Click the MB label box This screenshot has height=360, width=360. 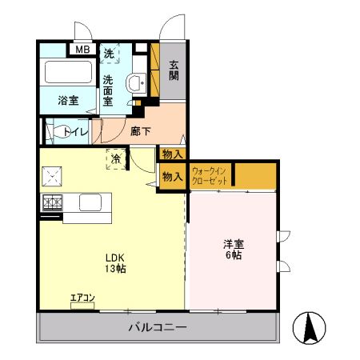82,50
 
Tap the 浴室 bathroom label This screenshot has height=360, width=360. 68,101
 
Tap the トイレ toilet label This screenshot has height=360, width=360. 77,130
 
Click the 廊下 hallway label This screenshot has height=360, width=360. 140,130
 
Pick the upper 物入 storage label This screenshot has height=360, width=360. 171,154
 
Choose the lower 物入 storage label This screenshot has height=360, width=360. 171,177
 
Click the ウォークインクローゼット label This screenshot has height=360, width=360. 210,176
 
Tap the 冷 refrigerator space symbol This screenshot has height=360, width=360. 117,158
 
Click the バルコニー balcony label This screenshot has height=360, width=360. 157,328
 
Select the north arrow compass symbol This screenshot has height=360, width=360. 310,326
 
